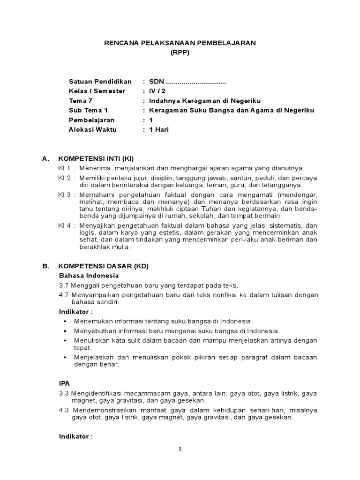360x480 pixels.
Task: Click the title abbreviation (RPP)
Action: pyautogui.click(x=180, y=53)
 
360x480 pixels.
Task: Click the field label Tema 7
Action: pyautogui.click(x=81, y=101)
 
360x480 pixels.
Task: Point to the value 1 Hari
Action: pyautogui.click(x=158, y=130)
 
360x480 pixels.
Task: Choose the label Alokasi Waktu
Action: pyautogui.click(x=93, y=130)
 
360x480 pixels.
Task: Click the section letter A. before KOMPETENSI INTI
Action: pyautogui.click(x=45, y=159)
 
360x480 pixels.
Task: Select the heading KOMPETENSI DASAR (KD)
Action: pyautogui.click(x=103, y=266)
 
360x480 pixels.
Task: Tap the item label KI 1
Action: pyautogui.click(x=64, y=168)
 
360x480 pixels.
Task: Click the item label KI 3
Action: pyautogui.click(x=64, y=194)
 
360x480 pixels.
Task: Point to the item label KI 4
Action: pyautogui.click(x=64, y=225)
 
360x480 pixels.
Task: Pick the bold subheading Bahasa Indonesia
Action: pyautogui.click(x=89, y=275)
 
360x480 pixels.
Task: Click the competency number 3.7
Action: pyautogui.click(x=64, y=285)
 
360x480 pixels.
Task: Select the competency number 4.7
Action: pyautogui.click(x=64, y=294)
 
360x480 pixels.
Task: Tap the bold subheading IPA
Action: pyautogui.click(x=64, y=383)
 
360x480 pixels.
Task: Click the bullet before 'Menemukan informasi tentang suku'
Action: pyautogui.click(x=64, y=321)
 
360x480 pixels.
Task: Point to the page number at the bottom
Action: pyautogui.click(x=180, y=449)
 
